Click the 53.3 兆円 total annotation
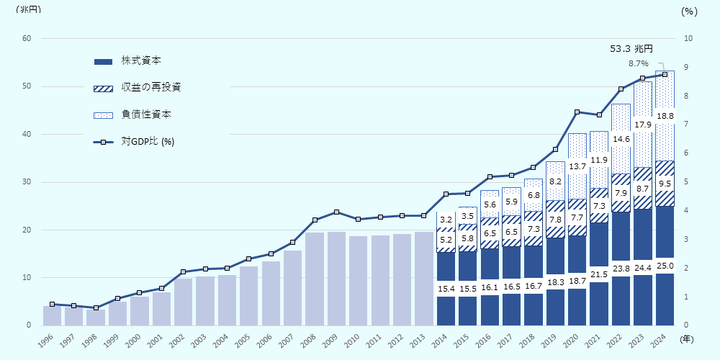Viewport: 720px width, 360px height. (631, 49)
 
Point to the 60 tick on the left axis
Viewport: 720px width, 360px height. (27, 39)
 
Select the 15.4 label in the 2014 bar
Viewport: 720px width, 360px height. (446, 289)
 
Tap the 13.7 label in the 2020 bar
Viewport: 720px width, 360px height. (577, 166)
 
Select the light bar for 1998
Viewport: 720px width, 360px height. (96, 318)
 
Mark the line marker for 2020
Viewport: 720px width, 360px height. (577, 112)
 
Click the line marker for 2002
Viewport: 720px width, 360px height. (184, 271)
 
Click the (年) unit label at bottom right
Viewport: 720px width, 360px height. (688, 338)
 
